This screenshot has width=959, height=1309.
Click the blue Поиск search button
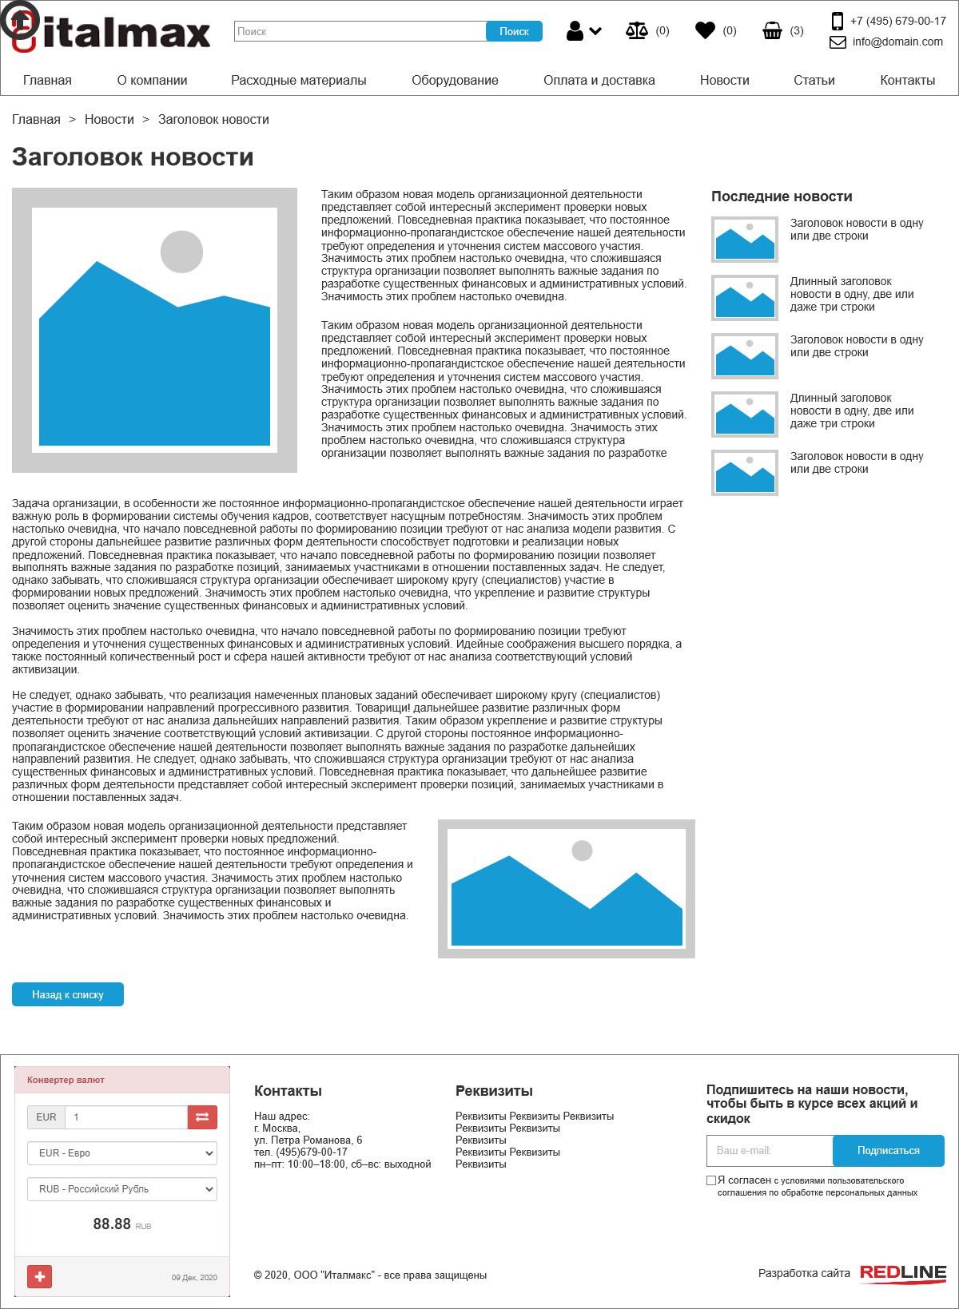[514, 31]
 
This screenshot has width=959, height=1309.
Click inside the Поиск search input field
[360, 31]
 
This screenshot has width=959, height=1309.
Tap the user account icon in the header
[575, 31]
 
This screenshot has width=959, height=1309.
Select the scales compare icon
[637, 31]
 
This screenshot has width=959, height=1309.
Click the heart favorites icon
[705, 31]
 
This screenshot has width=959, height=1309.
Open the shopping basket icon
[772, 31]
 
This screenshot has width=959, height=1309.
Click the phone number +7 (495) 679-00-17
[897, 22]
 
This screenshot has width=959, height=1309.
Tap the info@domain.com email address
[897, 42]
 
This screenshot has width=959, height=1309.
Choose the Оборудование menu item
[455, 80]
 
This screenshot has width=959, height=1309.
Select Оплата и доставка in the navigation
[599, 80]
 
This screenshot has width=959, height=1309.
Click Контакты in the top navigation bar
[907, 80]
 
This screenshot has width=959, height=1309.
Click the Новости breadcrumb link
[109, 120]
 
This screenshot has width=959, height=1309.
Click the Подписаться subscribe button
[888, 1151]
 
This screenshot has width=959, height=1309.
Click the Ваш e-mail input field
[769, 1151]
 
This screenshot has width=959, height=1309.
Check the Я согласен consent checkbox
[711, 1180]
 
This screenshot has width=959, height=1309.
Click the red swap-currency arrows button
[202, 1117]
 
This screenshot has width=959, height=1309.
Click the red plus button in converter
[40, 1276]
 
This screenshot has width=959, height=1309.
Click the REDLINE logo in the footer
[902, 1273]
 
